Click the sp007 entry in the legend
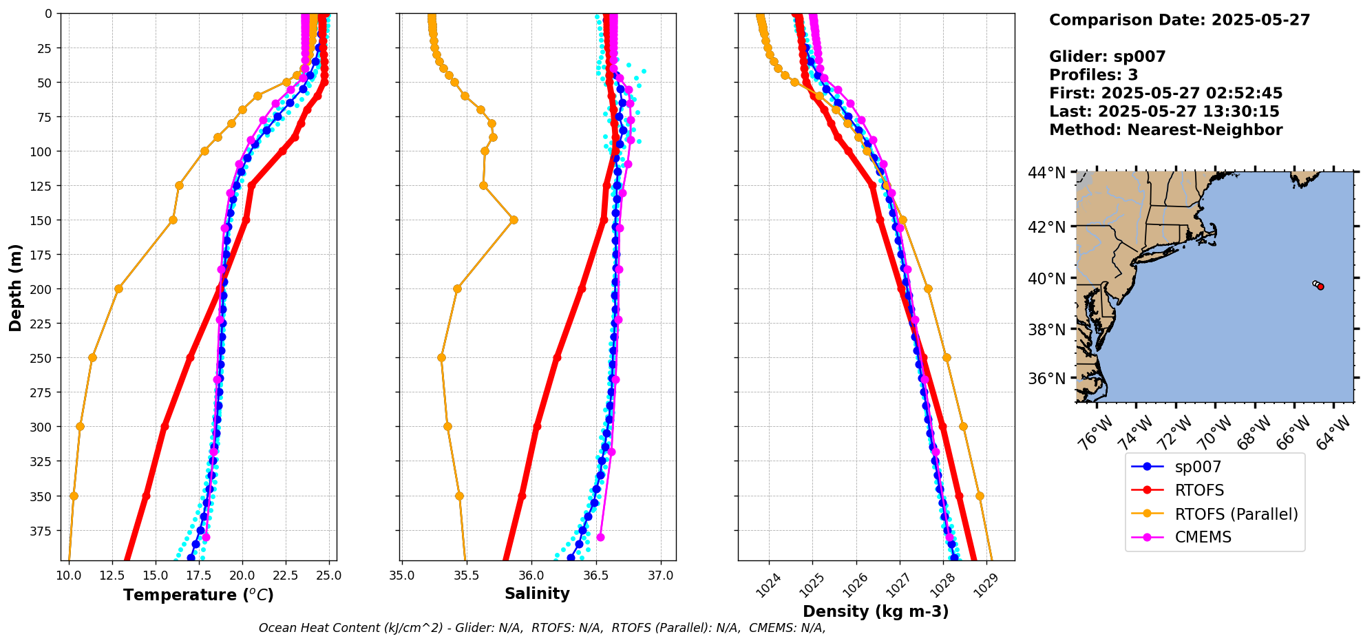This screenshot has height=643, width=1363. click(x=1198, y=467)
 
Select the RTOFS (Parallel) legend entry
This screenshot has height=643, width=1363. click(x=1236, y=514)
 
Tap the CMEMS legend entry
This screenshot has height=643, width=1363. click(x=1203, y=537)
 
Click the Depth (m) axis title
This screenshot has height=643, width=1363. click(x=15, y=287)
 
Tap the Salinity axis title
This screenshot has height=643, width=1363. click(x=537, y=593)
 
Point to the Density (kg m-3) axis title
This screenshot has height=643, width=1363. click(x=876, y=611)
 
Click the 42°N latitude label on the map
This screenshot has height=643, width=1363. click(x=1046, y=227)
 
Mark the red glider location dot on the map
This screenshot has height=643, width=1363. click(x=1320, y=286)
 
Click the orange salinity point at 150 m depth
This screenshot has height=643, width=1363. click(x=514, y=220)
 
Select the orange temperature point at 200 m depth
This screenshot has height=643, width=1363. click(x=118, y=288)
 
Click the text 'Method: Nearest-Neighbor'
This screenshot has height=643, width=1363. click(x=1165, y=130)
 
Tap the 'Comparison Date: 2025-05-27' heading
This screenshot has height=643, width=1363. click(x=1179, y=20)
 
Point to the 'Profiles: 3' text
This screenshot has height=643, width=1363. click(x=1093, y=75)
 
